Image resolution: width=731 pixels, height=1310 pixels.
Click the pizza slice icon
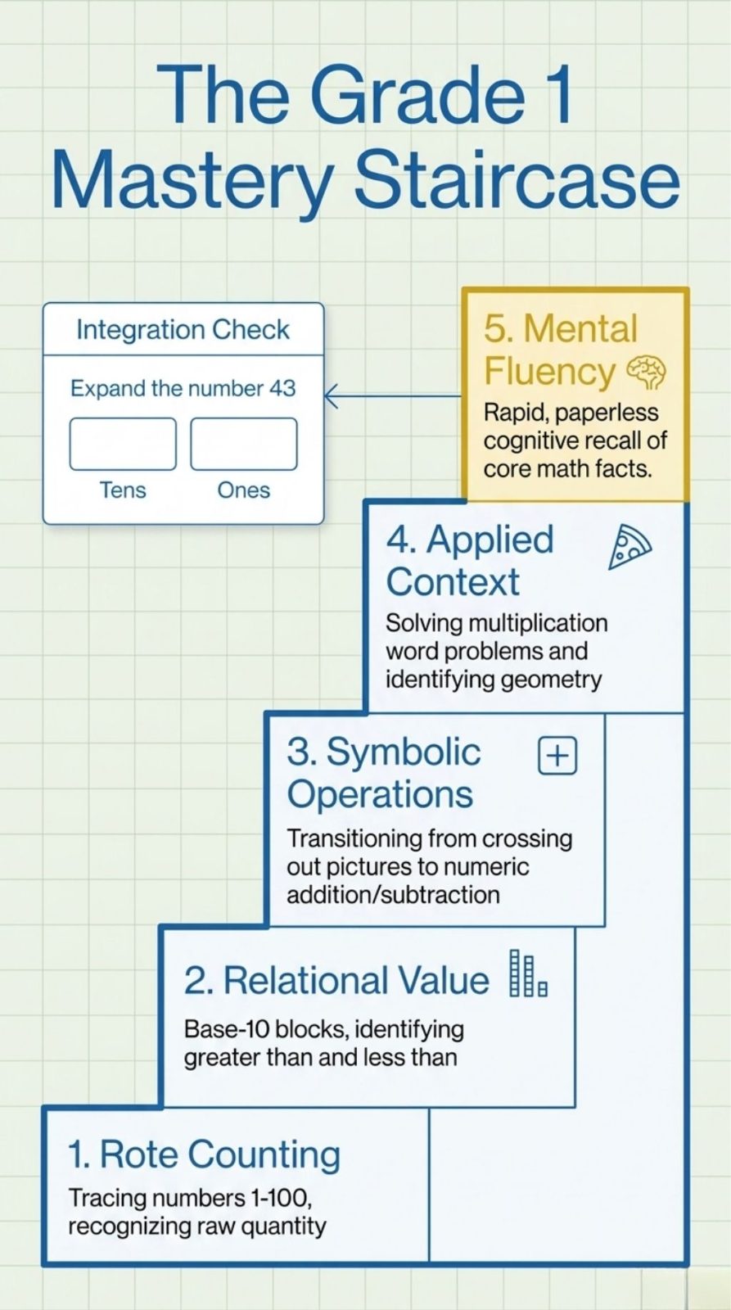click(628, 548)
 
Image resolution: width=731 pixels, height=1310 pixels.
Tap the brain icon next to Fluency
click(646, 373)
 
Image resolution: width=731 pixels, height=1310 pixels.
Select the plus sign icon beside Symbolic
click(557, 756)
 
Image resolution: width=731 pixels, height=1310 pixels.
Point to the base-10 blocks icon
click(527, 973)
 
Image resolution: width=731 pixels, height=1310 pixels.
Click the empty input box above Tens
click(123, 444)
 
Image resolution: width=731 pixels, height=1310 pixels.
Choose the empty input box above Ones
click(244, 444)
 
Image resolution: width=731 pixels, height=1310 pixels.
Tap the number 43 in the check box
click(282, 388)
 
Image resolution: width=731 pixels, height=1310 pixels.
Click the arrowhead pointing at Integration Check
click(331, 395)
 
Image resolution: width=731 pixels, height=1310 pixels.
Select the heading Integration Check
click(183, 330)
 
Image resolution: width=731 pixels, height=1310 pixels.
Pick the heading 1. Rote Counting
click(204, 1154)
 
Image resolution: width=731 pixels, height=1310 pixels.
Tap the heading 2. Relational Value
click(336, 979)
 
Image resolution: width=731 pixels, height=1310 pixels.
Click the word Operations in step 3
click(380, 793)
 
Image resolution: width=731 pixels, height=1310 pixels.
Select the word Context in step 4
click(453, 581)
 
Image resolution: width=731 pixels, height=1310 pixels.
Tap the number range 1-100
click(281, 1199)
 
